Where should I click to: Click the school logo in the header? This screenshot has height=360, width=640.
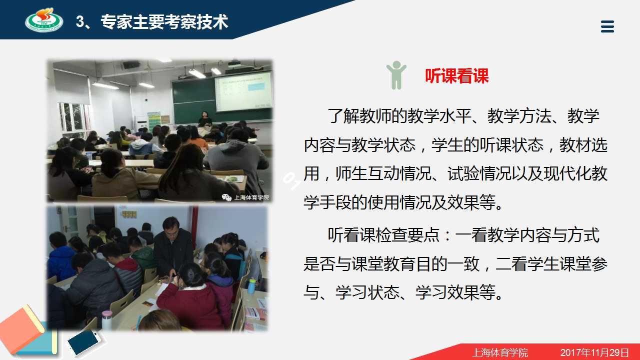click(44, 19)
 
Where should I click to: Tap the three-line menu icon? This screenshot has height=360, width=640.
click(607, 26)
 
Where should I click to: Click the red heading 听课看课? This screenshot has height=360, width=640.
click(456, 76)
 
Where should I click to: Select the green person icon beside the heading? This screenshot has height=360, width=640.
click(396, 75)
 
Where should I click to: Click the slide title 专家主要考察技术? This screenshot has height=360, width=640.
click(164, 21)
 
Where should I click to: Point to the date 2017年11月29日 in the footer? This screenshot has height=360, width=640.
click(594, 352)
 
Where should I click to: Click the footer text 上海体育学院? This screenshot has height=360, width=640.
click(500, 352)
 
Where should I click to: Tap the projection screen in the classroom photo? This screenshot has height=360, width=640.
click(243, 91)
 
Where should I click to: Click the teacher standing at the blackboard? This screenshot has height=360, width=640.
click(205, 119)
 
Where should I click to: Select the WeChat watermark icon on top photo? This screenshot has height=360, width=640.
click(226, 197)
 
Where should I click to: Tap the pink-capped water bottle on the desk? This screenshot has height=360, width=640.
click(106, 320)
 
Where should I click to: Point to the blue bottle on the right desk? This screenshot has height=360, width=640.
click(251, 285)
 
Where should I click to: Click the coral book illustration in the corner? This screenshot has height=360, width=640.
click(22, 329)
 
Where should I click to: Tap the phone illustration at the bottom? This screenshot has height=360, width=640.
click(84, 342)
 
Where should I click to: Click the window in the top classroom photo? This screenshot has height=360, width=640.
click(73, 117)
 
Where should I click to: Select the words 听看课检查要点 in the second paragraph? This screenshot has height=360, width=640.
click(383, 235)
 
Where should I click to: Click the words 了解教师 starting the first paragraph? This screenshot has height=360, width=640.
click(360, 116)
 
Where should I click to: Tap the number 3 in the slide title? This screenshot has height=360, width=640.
click(80, 21)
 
